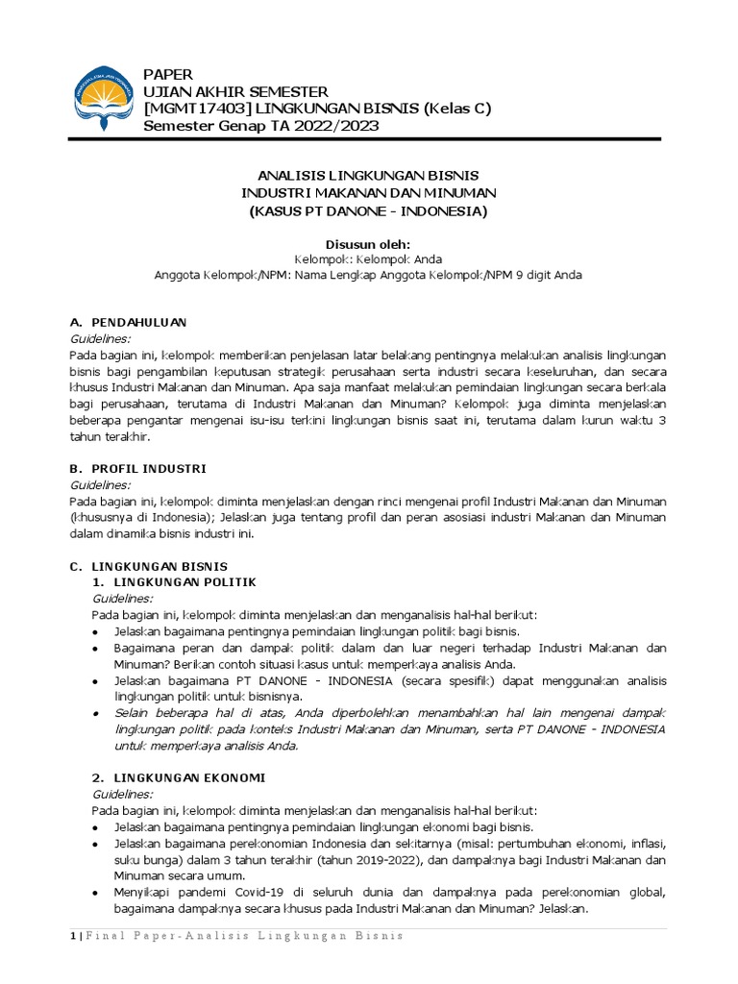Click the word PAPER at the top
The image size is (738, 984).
pos(168,74)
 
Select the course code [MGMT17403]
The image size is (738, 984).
pos(201,109)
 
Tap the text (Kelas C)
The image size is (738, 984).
pos(457,109)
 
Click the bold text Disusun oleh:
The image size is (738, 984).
pos(368,244)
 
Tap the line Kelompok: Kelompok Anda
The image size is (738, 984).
pos(368,259)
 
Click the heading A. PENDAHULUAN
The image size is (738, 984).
pos(129,322)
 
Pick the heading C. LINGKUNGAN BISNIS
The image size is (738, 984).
pos(149,566)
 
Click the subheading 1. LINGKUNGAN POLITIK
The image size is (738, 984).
pos(173,582)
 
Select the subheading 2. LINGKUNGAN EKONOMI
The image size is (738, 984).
pos(178,776)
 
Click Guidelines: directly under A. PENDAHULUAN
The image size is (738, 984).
pos(101,338)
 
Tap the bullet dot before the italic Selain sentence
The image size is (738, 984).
pos(97,713)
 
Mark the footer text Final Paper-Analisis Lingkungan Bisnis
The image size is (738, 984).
pos(244,936)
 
